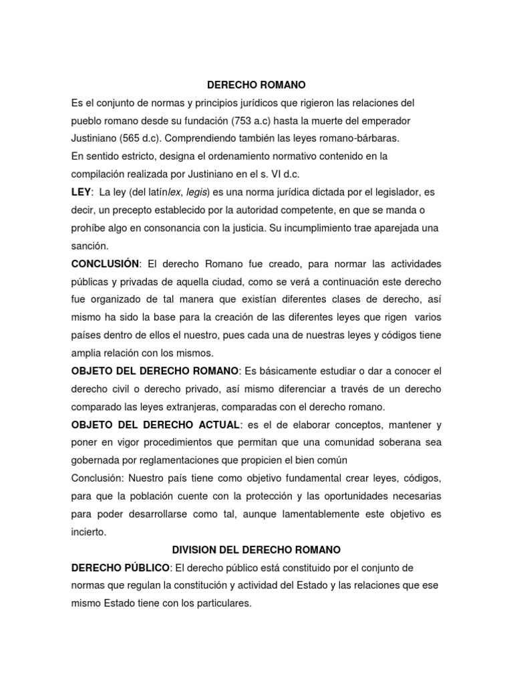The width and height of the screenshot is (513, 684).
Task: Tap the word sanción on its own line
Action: [x=90, y=245]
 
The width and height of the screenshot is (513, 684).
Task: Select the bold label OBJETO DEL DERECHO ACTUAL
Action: [x=155, y=425]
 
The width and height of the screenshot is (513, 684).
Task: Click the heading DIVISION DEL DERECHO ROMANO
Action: [x=256, y=550]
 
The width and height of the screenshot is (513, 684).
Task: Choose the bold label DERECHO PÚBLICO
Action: [x=121, y=568]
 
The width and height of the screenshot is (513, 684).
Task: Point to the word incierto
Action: [x=89, y=532]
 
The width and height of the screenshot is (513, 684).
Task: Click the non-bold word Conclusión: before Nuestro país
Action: [x=98, y=479]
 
